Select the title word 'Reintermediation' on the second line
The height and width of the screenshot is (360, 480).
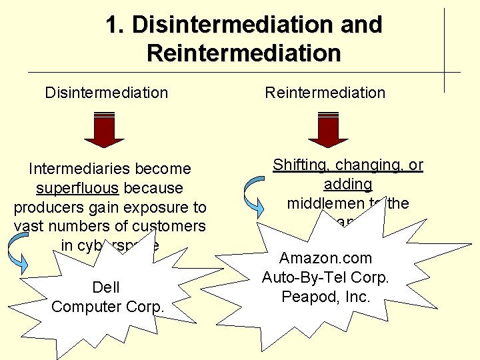point(244,53)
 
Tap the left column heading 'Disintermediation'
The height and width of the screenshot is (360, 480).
point(107,93)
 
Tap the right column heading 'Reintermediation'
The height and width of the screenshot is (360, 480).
point(325,93)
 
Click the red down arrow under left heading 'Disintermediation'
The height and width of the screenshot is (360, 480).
point(105,129)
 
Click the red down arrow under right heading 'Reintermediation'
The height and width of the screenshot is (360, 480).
point(329,129)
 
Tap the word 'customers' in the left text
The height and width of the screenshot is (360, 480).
point(174,226)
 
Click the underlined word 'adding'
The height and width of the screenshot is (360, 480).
point(348,184)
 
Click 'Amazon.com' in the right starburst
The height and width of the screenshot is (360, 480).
point(326,259)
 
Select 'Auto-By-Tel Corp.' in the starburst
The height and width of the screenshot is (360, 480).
point(326,277)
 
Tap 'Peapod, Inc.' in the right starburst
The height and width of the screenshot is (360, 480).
point(326,297)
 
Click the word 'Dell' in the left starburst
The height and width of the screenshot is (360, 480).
point(107,287)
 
